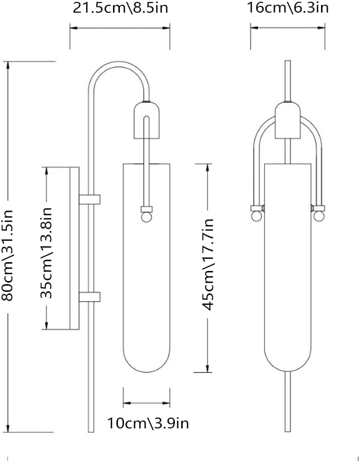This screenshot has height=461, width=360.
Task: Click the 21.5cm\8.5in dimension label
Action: pyautogui.click(x=120, y=8)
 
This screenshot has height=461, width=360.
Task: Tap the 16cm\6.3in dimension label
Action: pyautogui.click(x=287, y=7)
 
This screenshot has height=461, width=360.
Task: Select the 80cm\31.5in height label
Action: pyautogui.click(x=7, y=255)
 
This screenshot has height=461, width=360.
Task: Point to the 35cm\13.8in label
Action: pyautogui.click(x=46, y=253)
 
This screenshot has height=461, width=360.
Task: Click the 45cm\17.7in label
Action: pyautogui.click(x=208, y=265)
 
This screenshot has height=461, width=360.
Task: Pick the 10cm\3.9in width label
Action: pyautogui.click(x=148, y=423)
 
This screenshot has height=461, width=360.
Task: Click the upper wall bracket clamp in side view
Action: pyautogui.click(x=90, y=199)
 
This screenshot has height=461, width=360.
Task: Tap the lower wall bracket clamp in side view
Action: pyautogui.click(x=90, y=297)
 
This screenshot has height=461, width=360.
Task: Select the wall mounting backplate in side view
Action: pyautogui.click(x=75, y=248)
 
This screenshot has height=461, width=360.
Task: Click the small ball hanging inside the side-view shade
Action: pyautogui.click(x=146, y=217)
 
